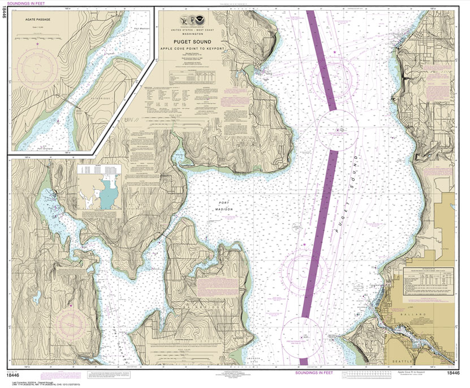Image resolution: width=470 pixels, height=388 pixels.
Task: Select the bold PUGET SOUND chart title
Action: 192,41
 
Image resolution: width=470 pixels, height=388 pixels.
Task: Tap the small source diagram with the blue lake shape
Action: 101,189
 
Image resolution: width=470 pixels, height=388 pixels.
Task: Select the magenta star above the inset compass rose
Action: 38,43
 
